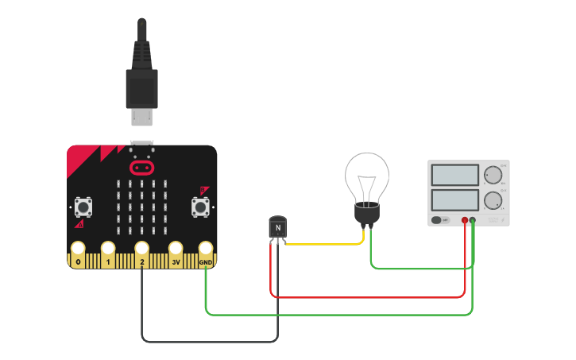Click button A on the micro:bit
(82, 207)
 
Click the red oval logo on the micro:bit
(141, 168)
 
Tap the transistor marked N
(277, 228)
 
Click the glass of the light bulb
(366, 176)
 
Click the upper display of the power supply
(454, 175)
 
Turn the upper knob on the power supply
(493, 175)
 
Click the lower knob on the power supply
(493, 199)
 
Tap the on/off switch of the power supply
(436, 219)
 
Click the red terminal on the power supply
(465, 220)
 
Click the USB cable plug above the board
(142, 83)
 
